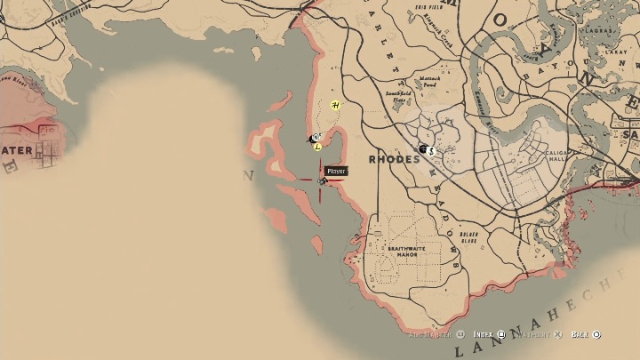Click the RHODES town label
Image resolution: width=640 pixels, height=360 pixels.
392,160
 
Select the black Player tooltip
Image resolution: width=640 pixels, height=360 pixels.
335,171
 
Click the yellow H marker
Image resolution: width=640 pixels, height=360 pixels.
335,106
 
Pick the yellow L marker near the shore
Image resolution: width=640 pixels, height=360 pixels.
317,147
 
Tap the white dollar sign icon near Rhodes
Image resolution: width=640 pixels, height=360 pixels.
431,151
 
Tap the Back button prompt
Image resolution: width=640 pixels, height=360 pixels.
586,334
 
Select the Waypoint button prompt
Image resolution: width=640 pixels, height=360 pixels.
538,334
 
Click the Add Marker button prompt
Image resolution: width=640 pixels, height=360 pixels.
436,334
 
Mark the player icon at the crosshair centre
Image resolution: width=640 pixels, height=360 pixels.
323,180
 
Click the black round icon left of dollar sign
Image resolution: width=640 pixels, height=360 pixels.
423,148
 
